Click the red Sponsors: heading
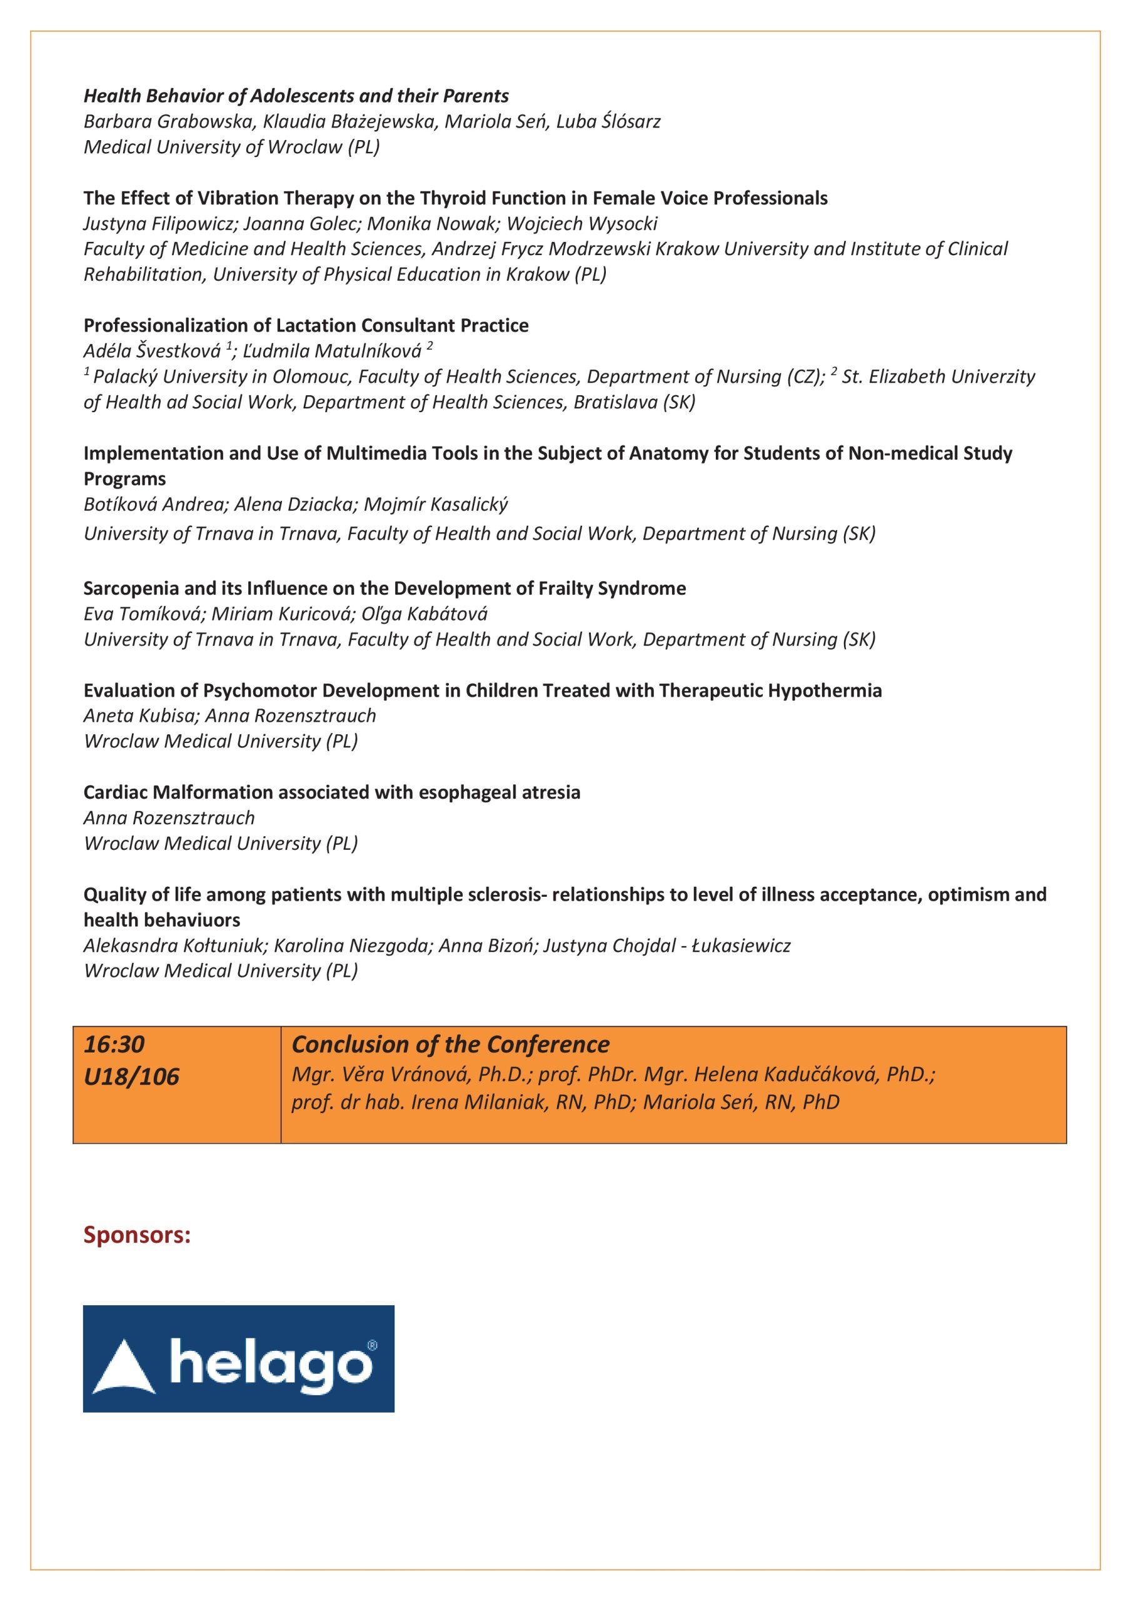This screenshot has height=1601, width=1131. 137,1235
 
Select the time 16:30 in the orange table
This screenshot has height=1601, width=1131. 114,1044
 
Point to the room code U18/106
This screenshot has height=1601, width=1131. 131,1077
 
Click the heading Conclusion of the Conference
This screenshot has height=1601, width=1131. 450,1044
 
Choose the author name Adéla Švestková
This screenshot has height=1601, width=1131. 152,351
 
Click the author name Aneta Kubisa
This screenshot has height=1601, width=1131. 139,715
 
